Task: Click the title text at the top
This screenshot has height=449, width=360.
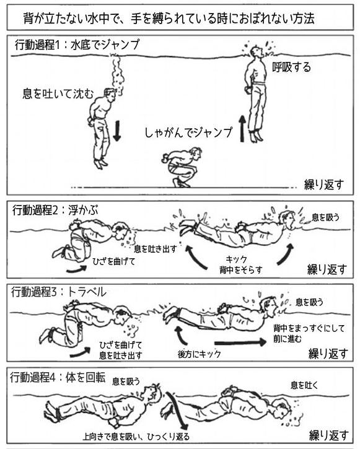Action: pos(169,19)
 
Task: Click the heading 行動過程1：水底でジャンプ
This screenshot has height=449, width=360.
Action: pos(77,45)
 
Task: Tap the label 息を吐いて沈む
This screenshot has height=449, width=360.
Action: pos(58,94)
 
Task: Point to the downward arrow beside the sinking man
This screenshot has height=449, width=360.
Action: pos(116,131)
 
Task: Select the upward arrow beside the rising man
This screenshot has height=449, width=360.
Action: pos(242,129)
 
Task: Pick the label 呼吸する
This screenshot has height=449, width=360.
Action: pos(292,68)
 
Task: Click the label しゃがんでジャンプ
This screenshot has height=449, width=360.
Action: pos(188,133)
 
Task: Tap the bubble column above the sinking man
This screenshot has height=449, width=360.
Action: pos(117,74)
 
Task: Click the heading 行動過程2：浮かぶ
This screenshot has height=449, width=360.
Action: pos(55,211)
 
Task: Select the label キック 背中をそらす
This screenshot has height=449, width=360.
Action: pos(241,264)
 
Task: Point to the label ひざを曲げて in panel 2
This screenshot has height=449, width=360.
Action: pos(113,261)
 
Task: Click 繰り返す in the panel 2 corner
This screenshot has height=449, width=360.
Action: pos(327,269)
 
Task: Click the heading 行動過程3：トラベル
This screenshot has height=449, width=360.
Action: pos(59,292)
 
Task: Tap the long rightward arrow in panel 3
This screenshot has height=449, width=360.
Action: pos(240,342)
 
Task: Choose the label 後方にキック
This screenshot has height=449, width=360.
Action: pos(200,354)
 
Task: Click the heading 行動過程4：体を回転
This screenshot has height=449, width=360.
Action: pos(58,378)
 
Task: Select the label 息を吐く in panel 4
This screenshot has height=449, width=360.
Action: pos(304,385)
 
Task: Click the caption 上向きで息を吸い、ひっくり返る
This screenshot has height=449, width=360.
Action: pos(136,437)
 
